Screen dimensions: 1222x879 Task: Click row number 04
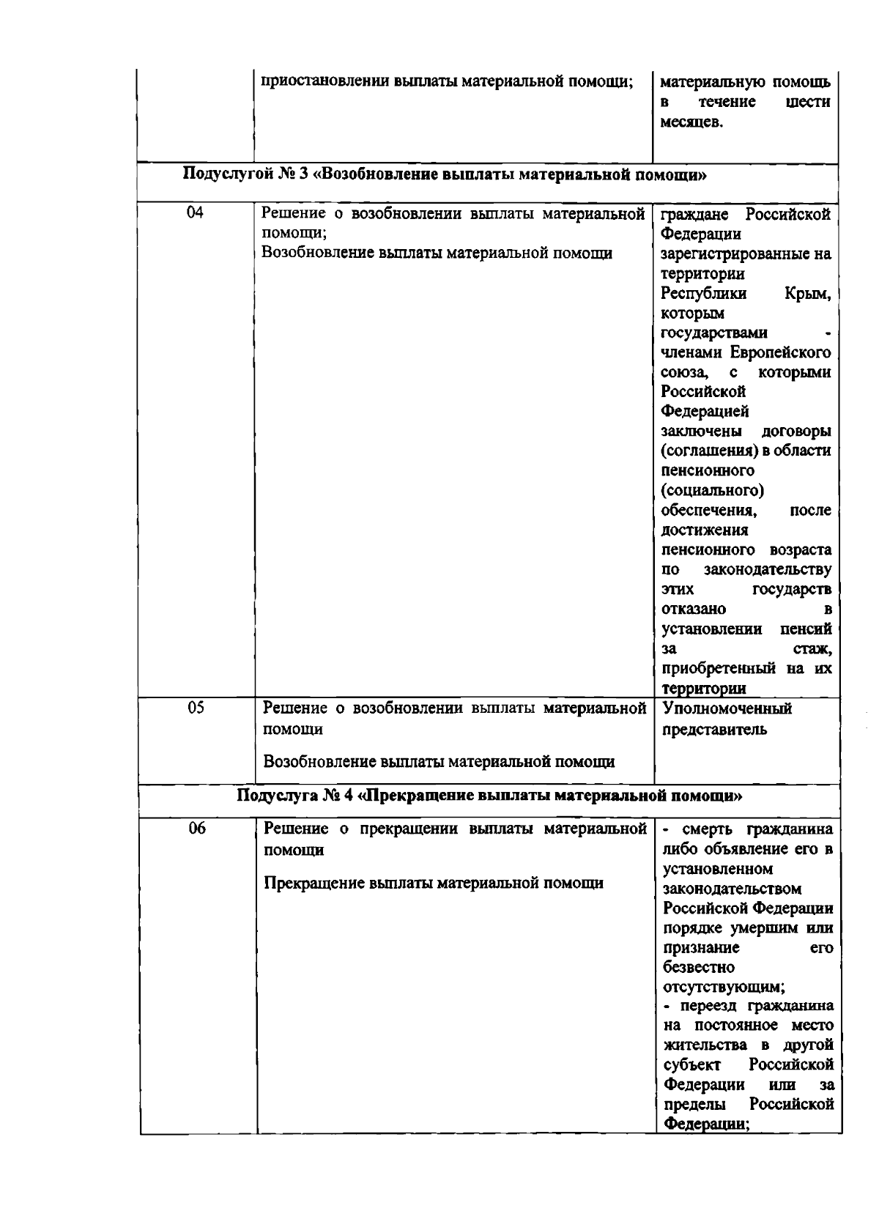pos(194,214)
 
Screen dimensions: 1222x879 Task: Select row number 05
pos(194,708)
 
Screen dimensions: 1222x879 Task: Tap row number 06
pos(195,829)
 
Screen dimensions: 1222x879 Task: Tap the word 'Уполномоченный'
pos(727,709)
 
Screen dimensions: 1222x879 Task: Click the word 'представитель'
pos(714,729)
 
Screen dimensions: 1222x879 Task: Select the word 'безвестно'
pos(699,967)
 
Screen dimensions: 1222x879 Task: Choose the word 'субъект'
pos(693,1064)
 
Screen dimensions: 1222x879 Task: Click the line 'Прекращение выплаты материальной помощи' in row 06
pos(434,883)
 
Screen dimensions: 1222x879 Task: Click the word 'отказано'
pos(694,610)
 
